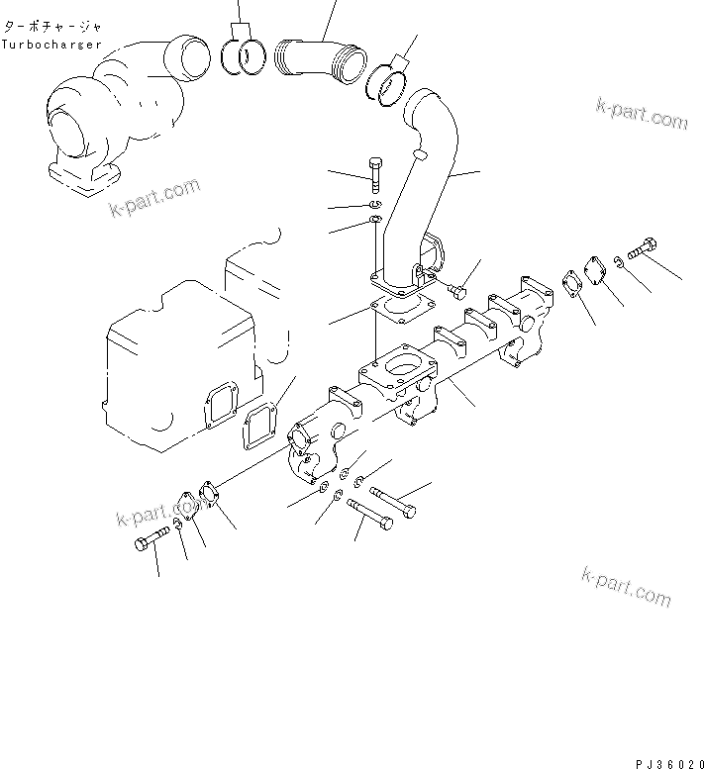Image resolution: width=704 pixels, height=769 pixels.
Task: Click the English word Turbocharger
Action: pos(50,45)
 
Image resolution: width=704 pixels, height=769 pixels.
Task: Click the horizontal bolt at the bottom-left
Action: pos(148,544)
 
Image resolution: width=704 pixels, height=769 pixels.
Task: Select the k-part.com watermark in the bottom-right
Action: pos(626,587)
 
